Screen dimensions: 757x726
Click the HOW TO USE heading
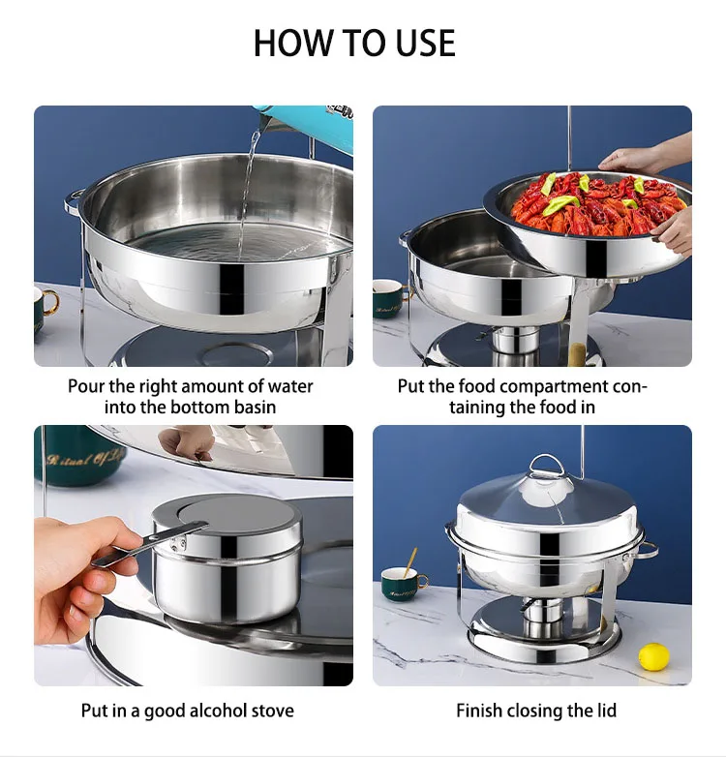(354, 44)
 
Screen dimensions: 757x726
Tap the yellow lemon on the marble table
(653, 656)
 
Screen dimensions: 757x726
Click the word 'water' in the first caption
(289, 386)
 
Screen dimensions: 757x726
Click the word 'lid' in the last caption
(606, 711)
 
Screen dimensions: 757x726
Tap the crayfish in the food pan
(590, 205)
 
